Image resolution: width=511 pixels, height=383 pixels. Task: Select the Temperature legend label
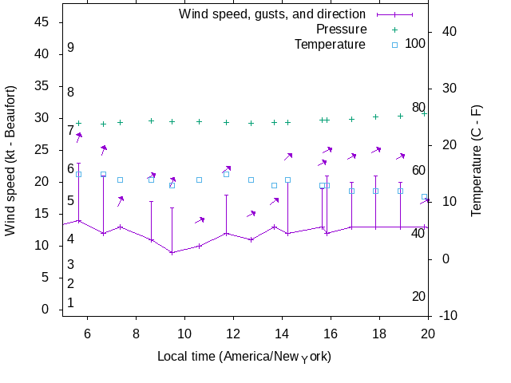[330, 45]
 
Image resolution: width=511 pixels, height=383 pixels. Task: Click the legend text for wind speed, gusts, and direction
[272, 14]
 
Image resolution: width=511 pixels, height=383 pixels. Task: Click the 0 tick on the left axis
[46, 310]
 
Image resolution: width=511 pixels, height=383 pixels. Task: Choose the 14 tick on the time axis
[282, 334]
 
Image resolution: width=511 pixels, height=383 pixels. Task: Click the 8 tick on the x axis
[136, 334]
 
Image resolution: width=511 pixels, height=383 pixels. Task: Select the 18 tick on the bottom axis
[379, 334]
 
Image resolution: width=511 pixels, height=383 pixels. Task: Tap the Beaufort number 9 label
[70, 48]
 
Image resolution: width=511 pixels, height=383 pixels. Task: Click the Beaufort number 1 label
[70, 303]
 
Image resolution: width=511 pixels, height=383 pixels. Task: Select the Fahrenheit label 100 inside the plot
[415, 43]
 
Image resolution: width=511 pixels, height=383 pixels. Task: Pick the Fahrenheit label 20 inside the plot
[418, 297]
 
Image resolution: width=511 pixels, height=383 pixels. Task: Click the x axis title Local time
[244, 356]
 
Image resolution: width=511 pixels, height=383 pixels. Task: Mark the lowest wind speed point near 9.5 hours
[172, 252]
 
